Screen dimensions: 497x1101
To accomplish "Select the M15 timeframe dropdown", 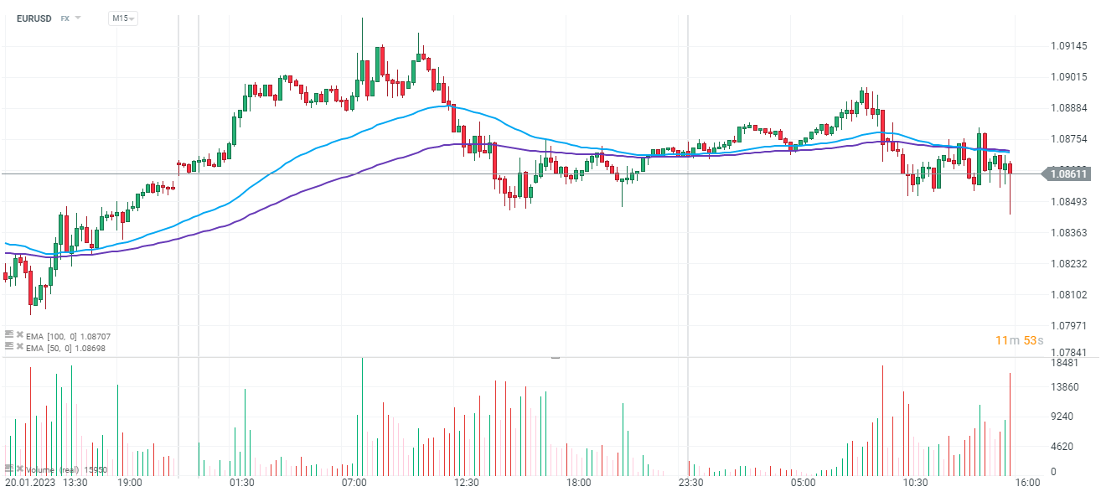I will pos(122,18).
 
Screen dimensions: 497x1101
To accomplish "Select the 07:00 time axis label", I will pos(354,483).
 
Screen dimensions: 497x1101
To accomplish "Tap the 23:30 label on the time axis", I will pos(690,483).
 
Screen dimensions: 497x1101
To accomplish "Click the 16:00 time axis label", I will pos(1027,483).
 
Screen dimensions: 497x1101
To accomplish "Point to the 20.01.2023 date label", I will pos(30,483).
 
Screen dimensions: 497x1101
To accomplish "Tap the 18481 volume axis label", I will pos(1064,363).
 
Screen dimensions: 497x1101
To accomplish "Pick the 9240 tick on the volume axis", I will pos(1062,417).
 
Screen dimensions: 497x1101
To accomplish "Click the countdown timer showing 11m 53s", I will pos(1018,339).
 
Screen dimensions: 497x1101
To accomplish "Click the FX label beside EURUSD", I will pos(65,18).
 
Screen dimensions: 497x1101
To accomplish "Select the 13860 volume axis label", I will pos(1064,386).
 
